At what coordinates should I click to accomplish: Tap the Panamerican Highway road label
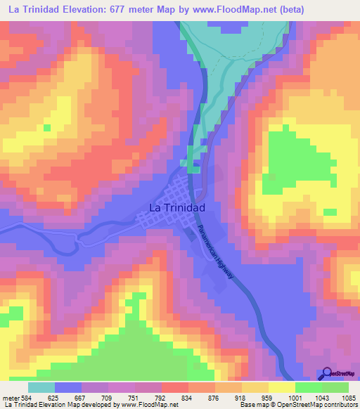(x=220, y=256)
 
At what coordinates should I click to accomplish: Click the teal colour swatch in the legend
(x=41, y=387)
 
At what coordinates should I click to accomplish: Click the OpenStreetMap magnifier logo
(x=326, y=374)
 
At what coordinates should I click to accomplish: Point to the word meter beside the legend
(x=8, y=397)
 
